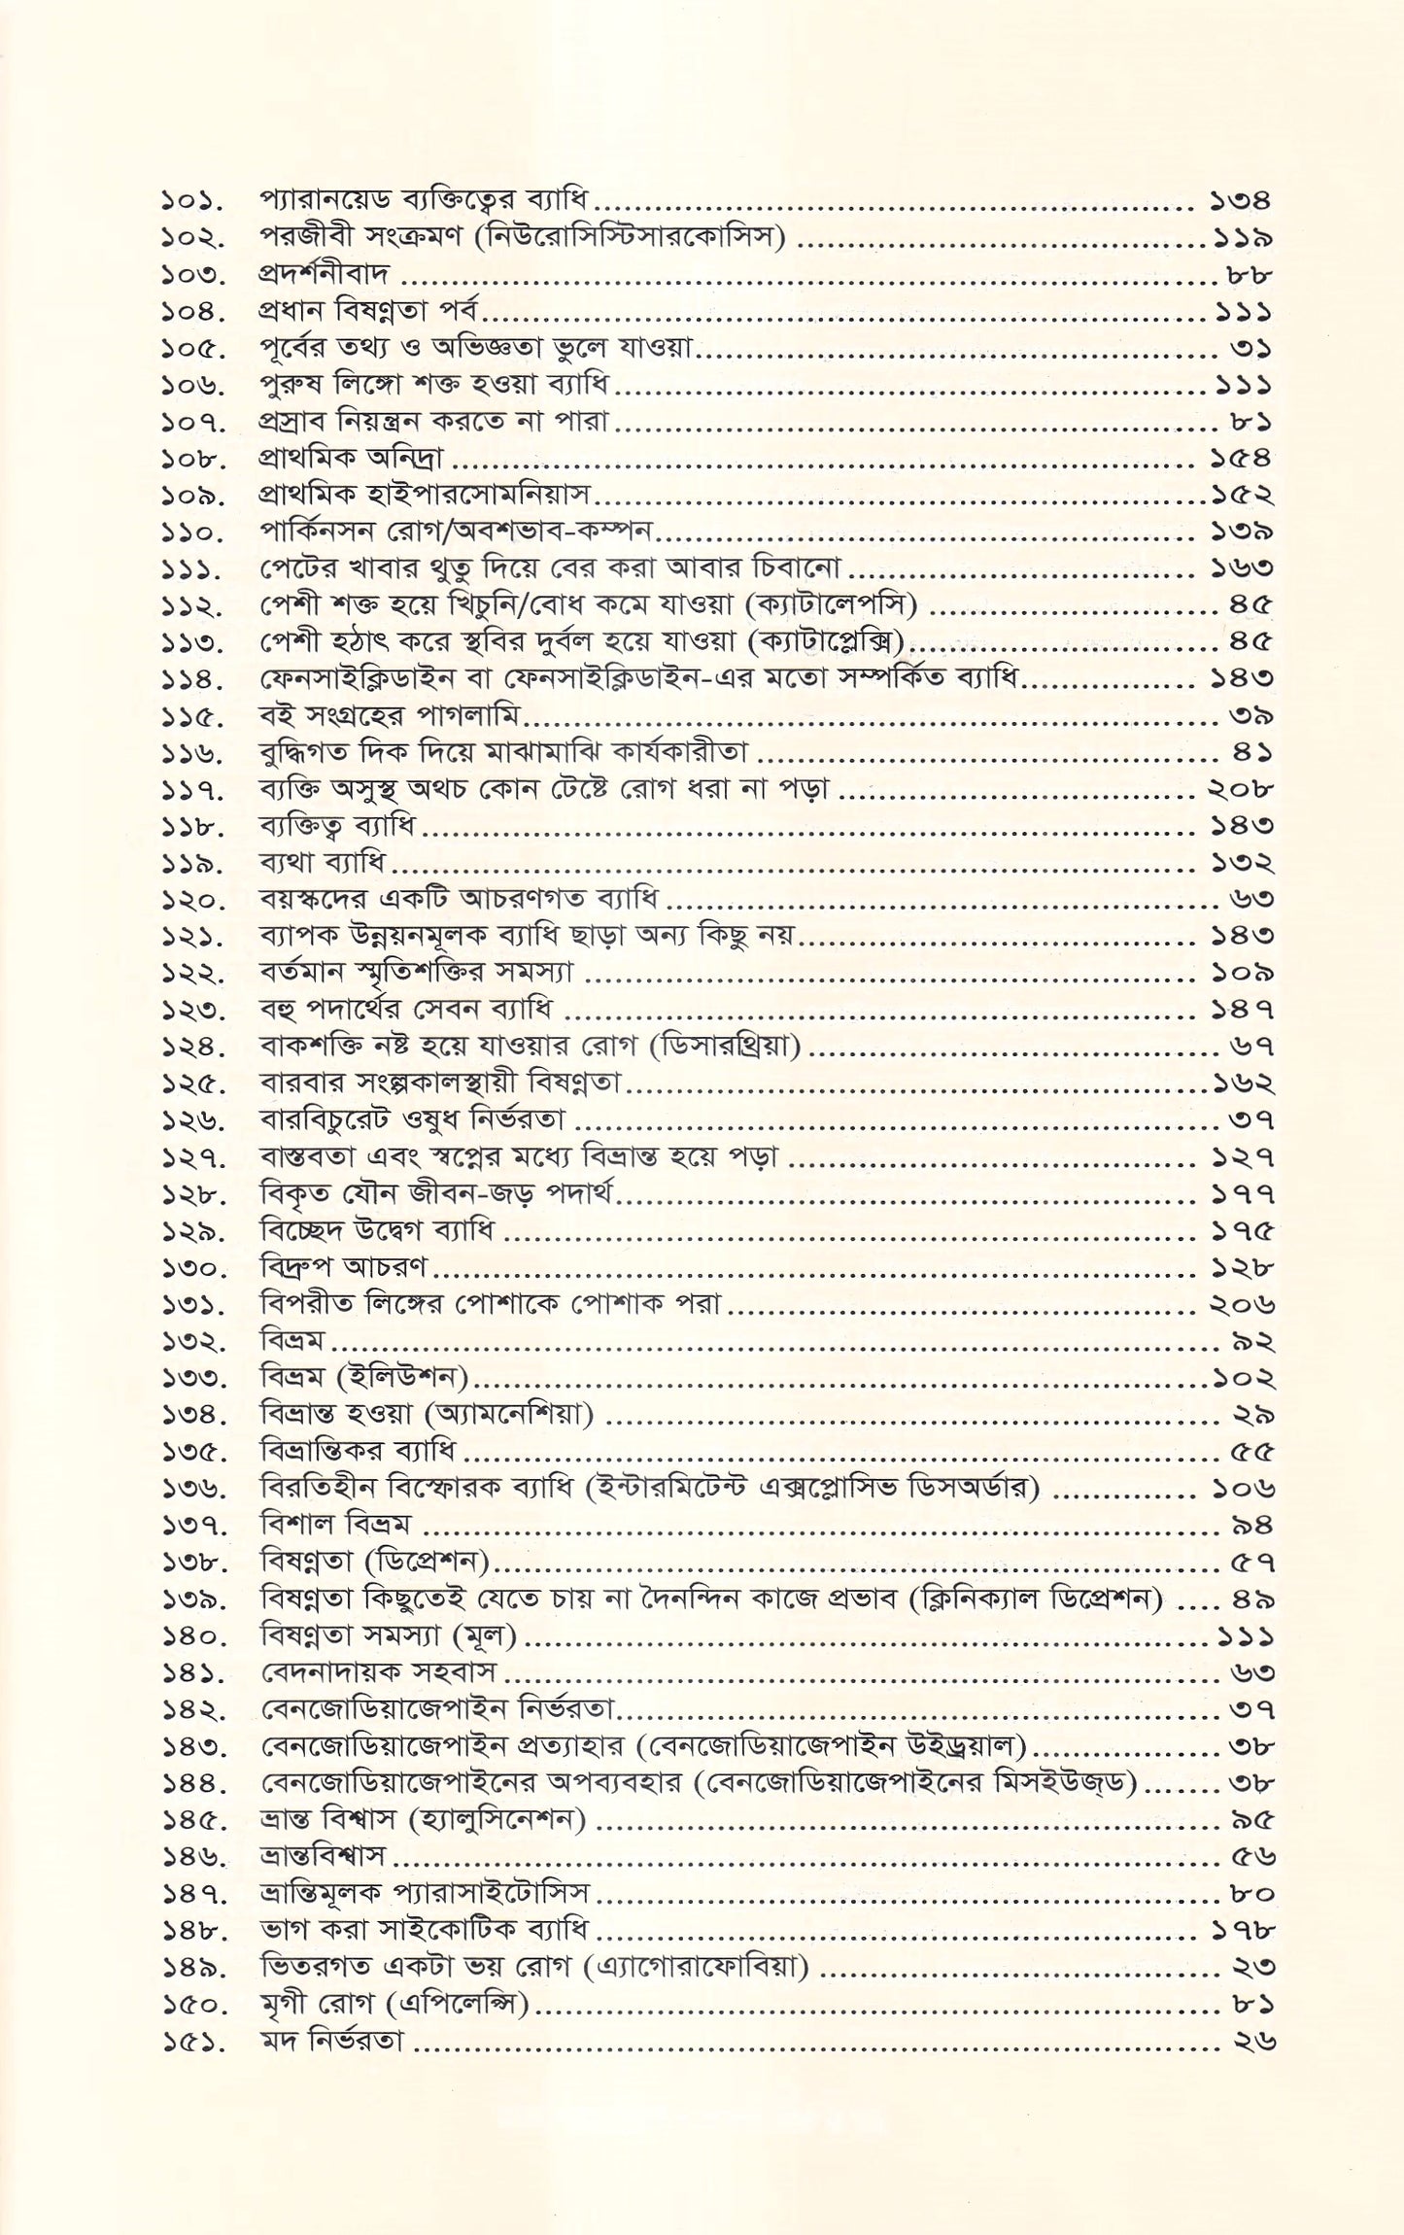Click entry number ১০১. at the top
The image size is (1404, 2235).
pyautogui.click(x=191, y=203)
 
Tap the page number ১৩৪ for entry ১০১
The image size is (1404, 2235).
pyautogui.click(x=1241, y=202)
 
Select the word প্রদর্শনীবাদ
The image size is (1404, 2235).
pyautogui.click(x=324, y=275)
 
